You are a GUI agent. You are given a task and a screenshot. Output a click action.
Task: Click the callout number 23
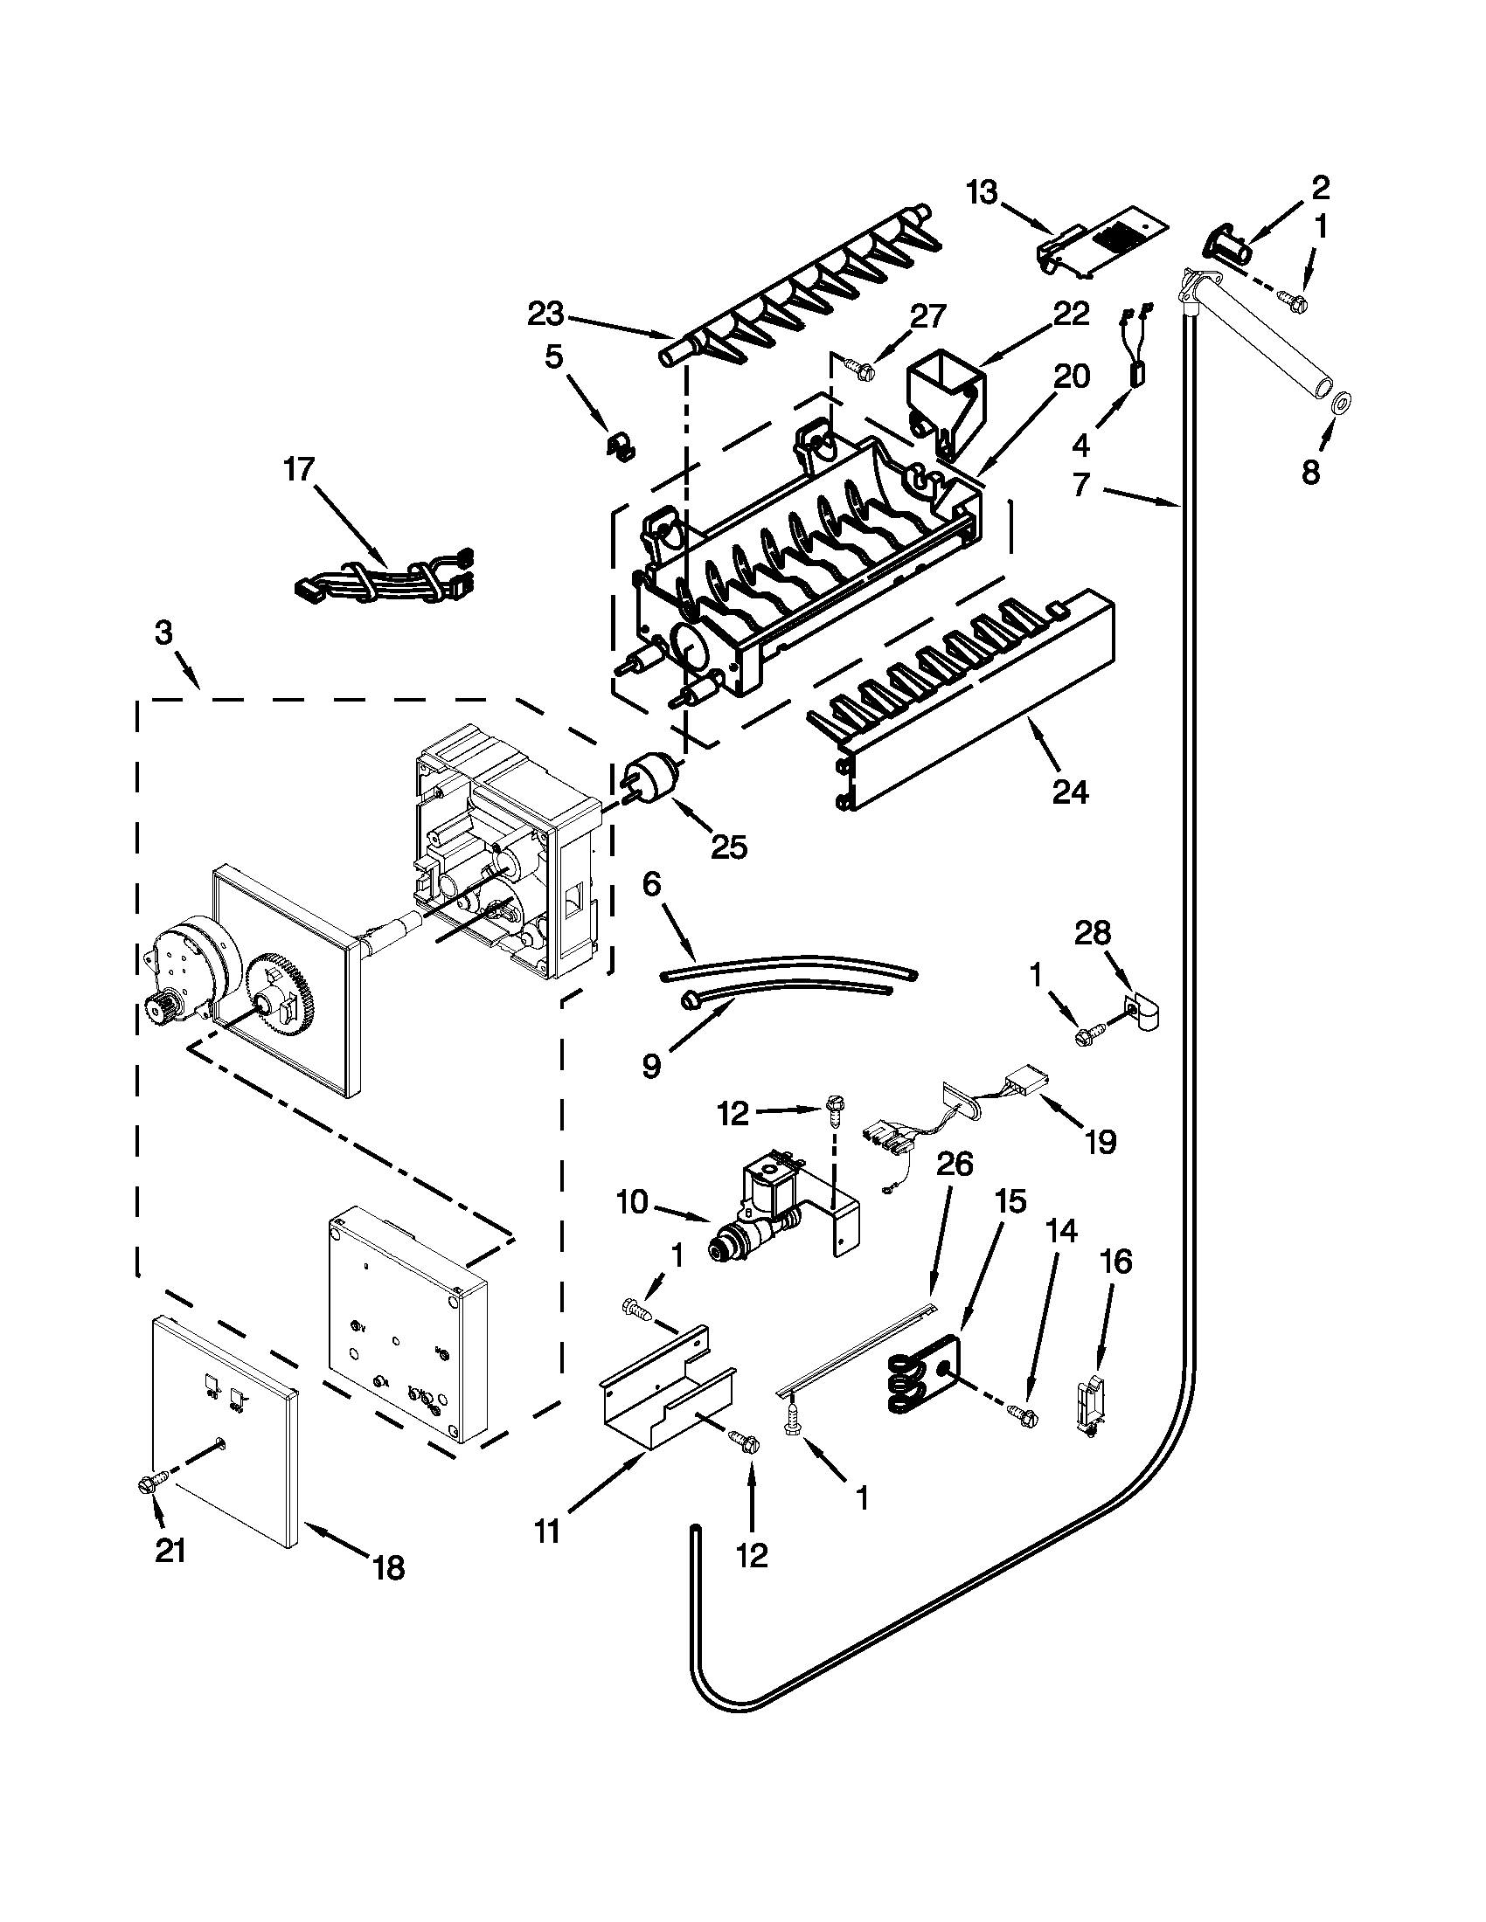[548, 315]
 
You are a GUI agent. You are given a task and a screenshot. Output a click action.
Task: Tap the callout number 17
[298, 469]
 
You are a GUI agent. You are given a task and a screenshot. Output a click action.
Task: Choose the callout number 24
[1070, 792]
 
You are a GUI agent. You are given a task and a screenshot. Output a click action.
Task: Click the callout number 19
[1101, 1143]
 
